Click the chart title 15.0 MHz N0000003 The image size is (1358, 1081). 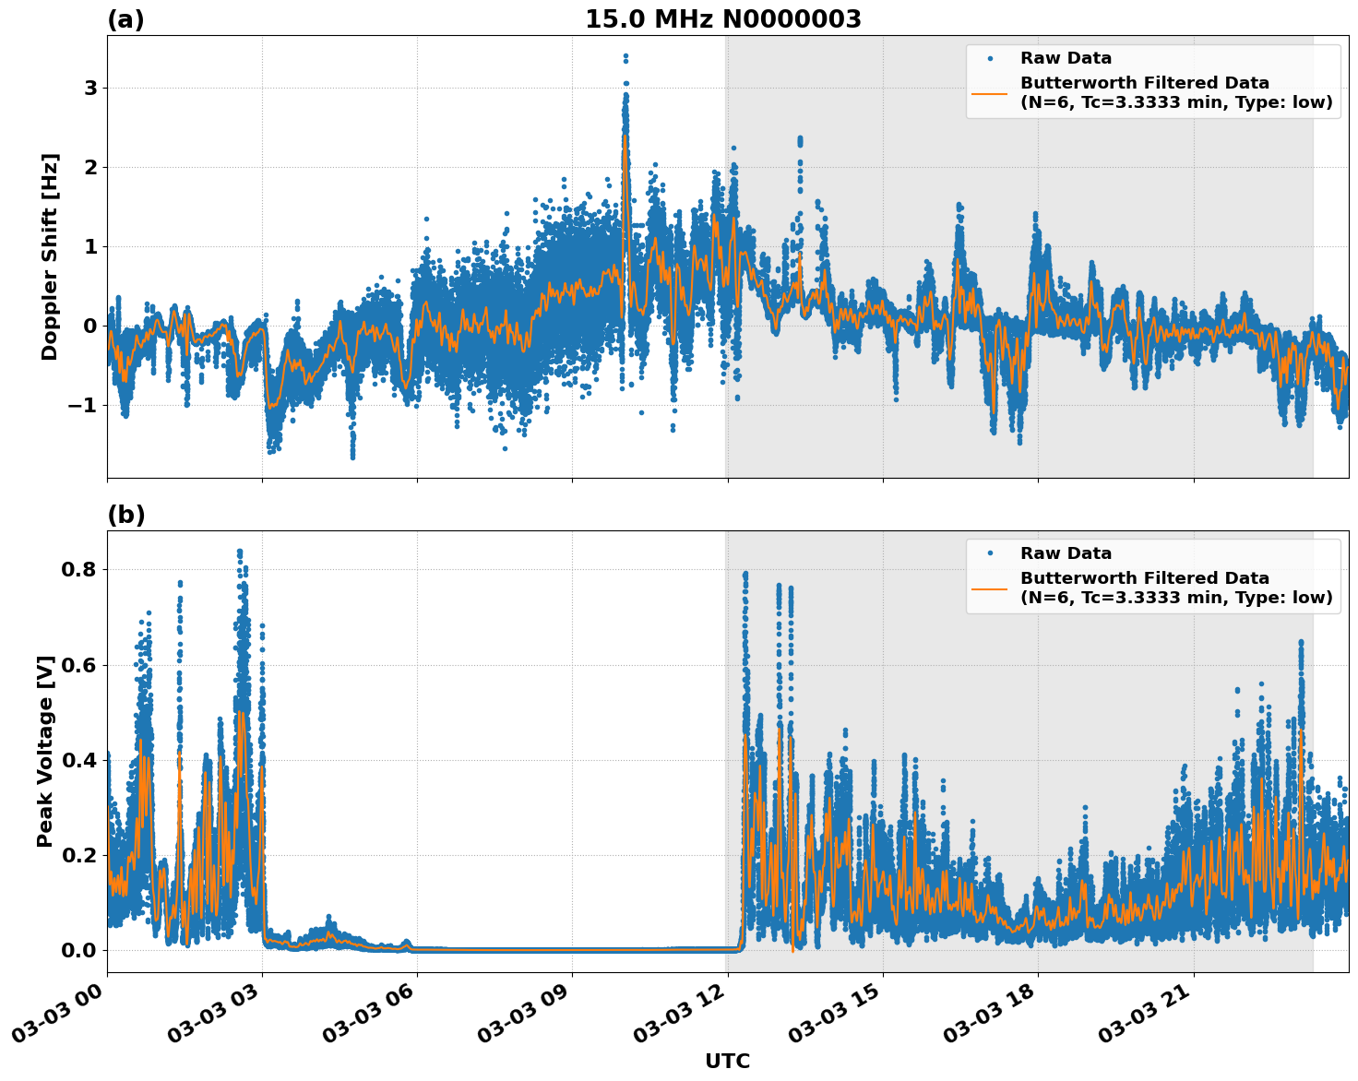(x=722, y=19)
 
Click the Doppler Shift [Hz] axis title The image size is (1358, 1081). (x=50, y=256)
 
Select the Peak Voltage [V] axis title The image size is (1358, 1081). (x=45, y=751)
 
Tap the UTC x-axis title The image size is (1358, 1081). (x=727, y=1062)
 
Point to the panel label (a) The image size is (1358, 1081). (x=125, y=19)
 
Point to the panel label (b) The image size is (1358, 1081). (x=125, y=515)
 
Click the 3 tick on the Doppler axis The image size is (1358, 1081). (x=90, y=89)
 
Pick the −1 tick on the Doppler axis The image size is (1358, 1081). (x=84, y=406)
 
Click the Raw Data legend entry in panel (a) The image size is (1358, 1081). (x=1066, y=58)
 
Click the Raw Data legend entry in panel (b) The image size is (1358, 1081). (x=1066, y=553)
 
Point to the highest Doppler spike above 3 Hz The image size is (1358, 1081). (x=625, y=56)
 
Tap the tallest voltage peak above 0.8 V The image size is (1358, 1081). (x=240, y=552)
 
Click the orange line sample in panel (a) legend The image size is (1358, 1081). (x=990, y=92)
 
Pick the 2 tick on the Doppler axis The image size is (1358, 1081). (x=90, y=168)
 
